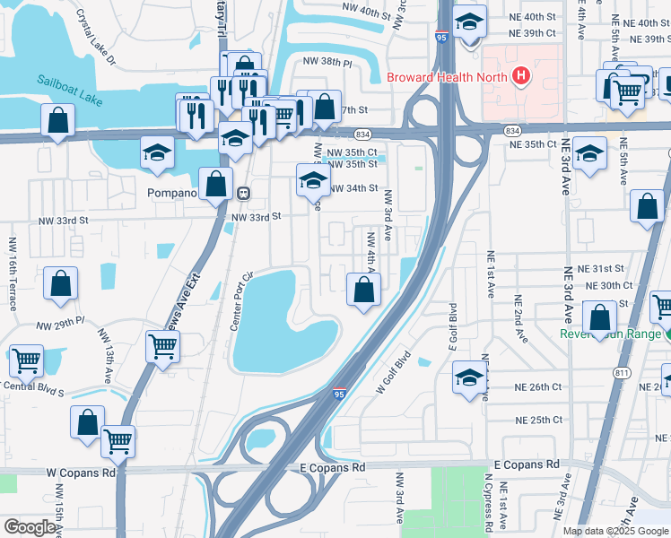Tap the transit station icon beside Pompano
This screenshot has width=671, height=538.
[x=242, y=193]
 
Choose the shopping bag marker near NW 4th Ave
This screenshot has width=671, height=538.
[x=364, y=290]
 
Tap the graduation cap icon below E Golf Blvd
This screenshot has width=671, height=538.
[x=469, y=376]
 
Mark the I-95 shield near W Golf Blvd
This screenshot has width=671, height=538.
[x=338, y=393]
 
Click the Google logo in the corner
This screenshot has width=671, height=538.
[x=30, y=527]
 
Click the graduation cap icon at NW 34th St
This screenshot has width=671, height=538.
[x=312, y=179]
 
